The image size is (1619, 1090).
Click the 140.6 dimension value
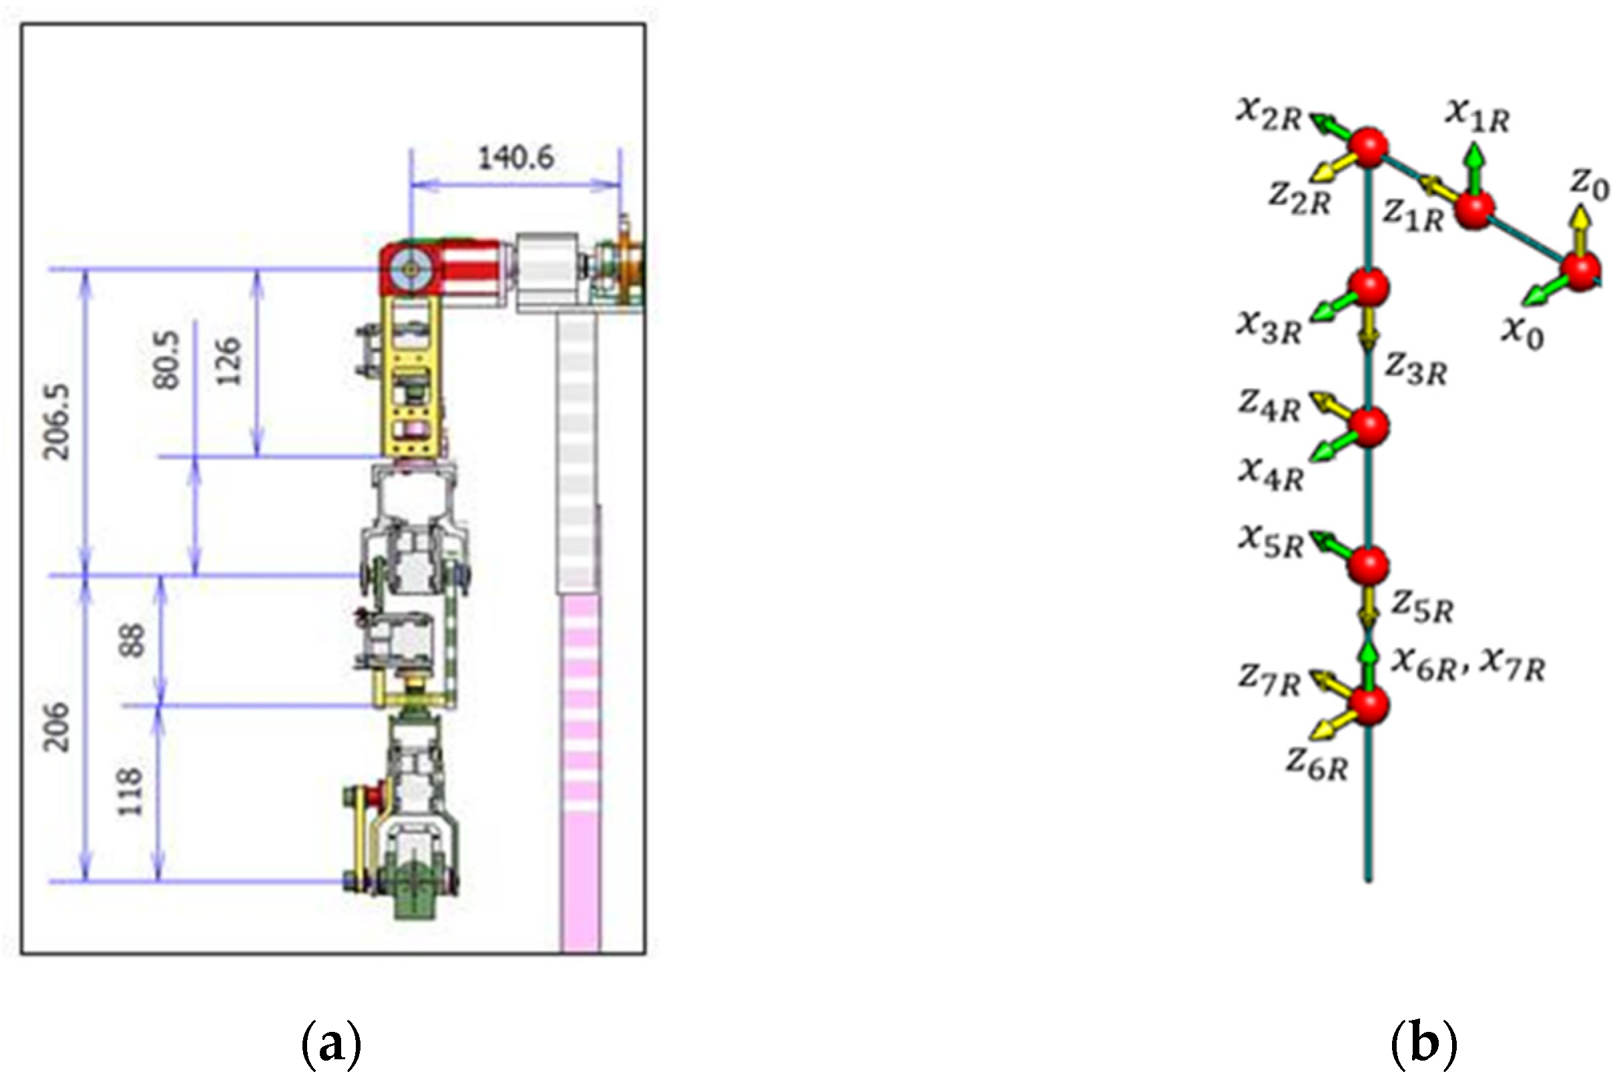pos(515,158)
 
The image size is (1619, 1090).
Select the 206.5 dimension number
pos(57,421)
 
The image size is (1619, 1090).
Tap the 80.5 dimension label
pos(167,359)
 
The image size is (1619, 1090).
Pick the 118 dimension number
pos(130,791)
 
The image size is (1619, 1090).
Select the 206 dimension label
pos(57,727)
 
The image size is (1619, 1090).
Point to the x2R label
pos(1268,115)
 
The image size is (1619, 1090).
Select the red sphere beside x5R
pos(1368,565)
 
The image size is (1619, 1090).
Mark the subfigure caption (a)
pos(331,1045)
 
